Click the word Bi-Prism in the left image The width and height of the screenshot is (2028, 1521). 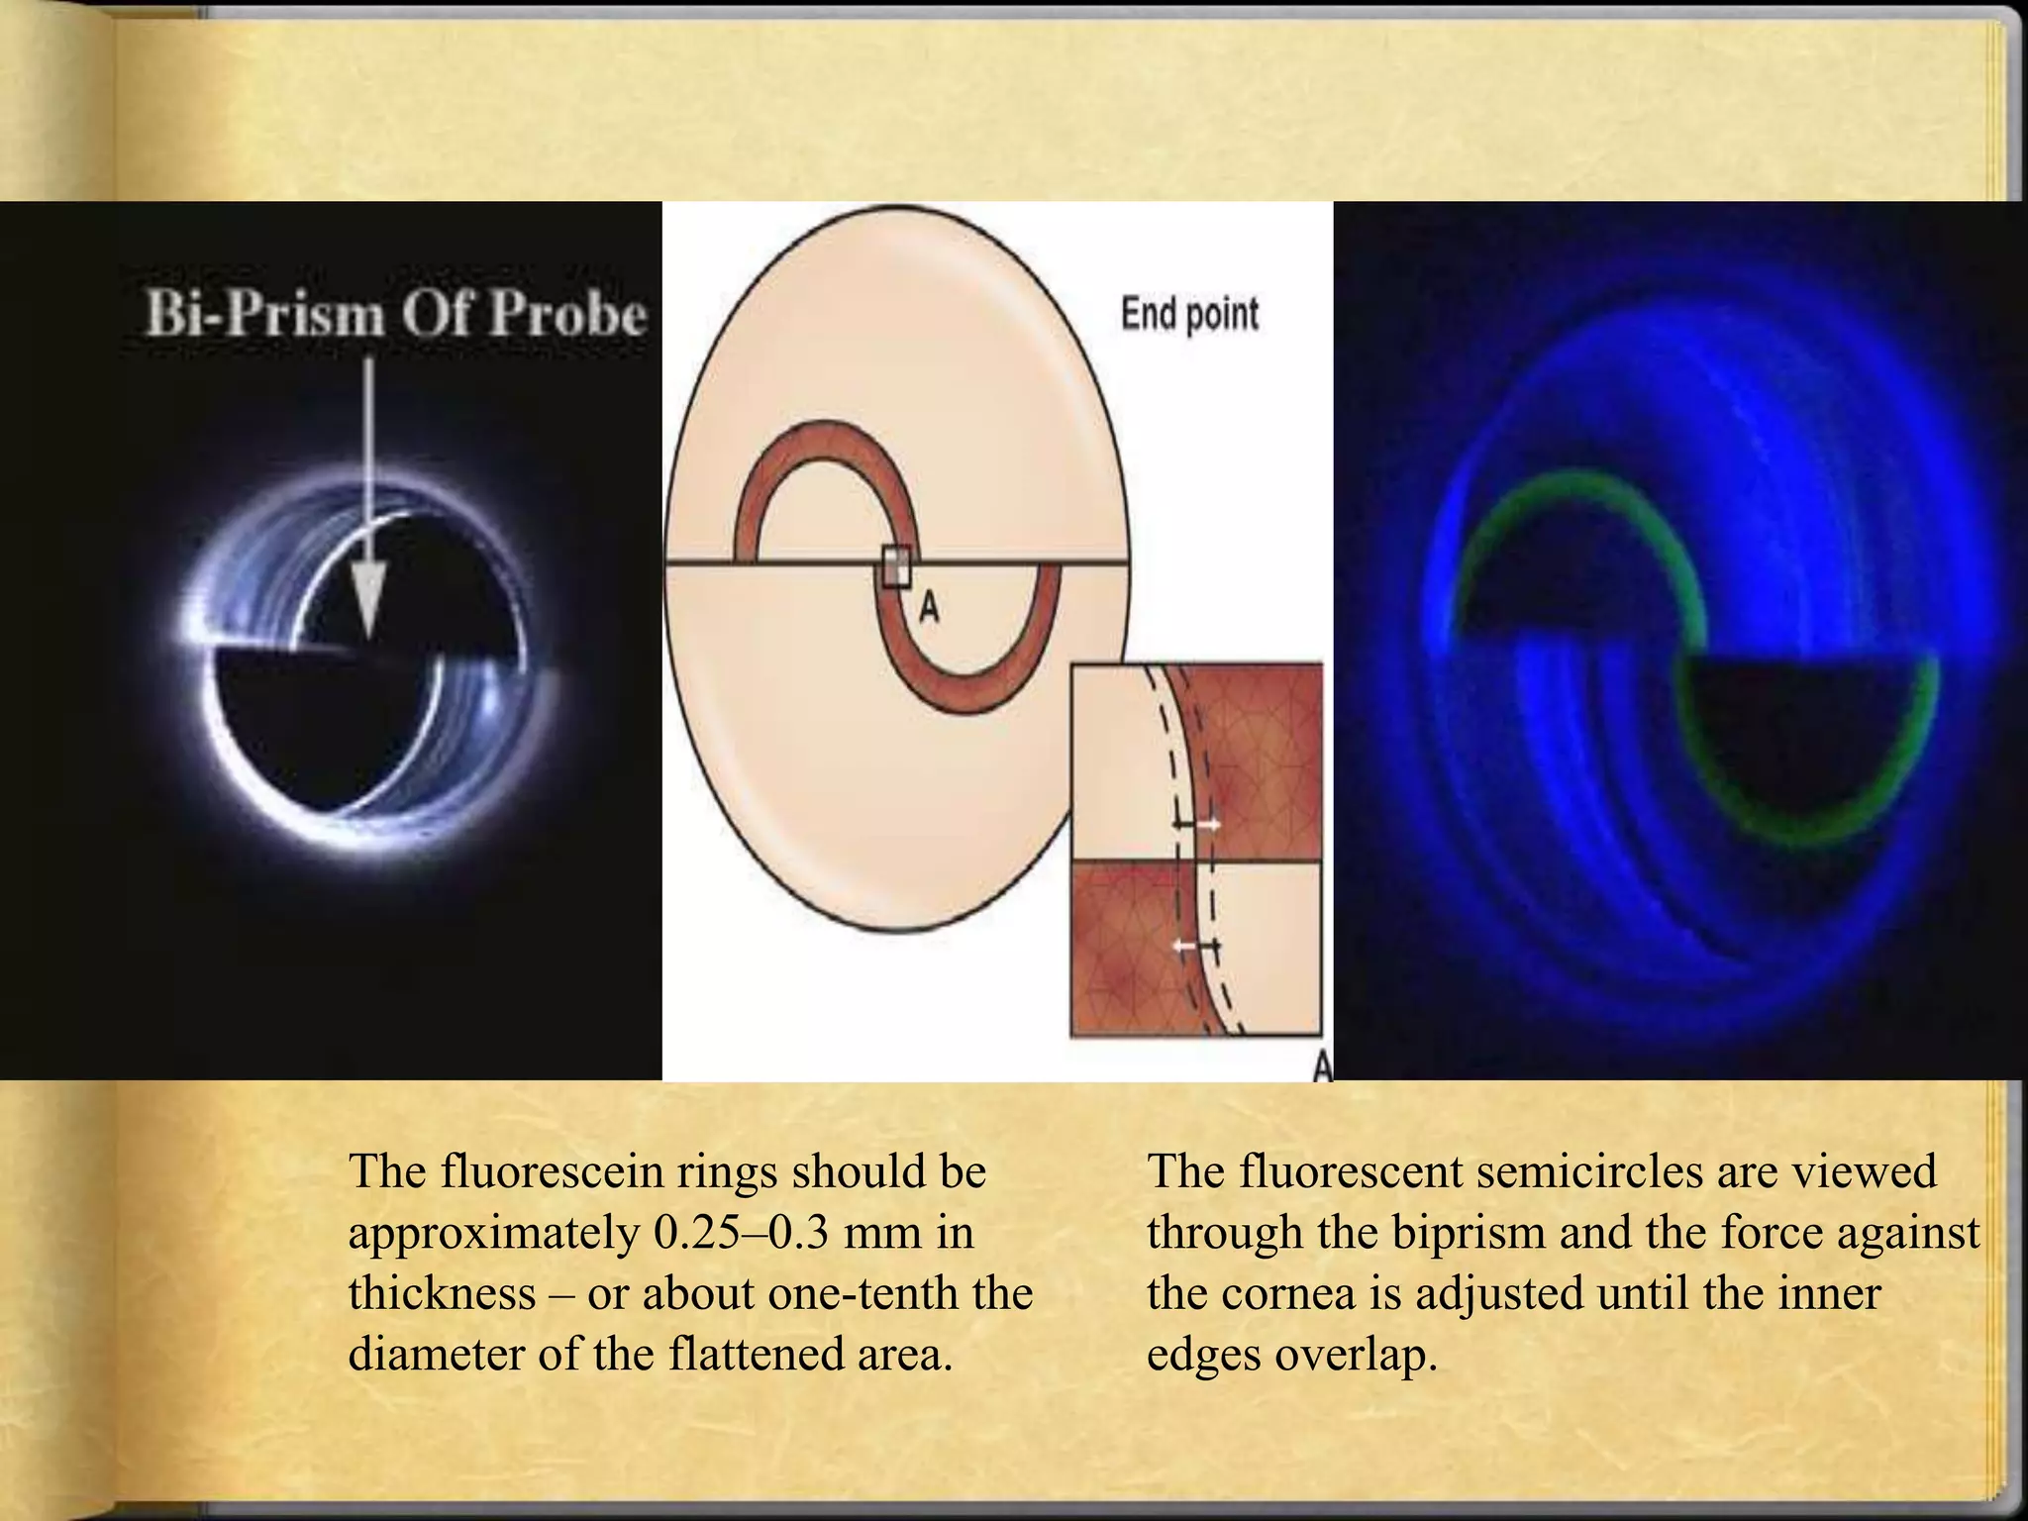pos(263,315)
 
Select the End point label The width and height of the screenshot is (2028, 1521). pos(1189,315)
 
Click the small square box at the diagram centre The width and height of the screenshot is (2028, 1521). pos(896,567)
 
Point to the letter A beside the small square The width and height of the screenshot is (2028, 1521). pos(928,607)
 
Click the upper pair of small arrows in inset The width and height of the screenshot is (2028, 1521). pos(1196,824)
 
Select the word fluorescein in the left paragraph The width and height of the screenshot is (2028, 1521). pos(553,1172)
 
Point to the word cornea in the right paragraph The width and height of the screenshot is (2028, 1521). pos(1286,1293)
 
